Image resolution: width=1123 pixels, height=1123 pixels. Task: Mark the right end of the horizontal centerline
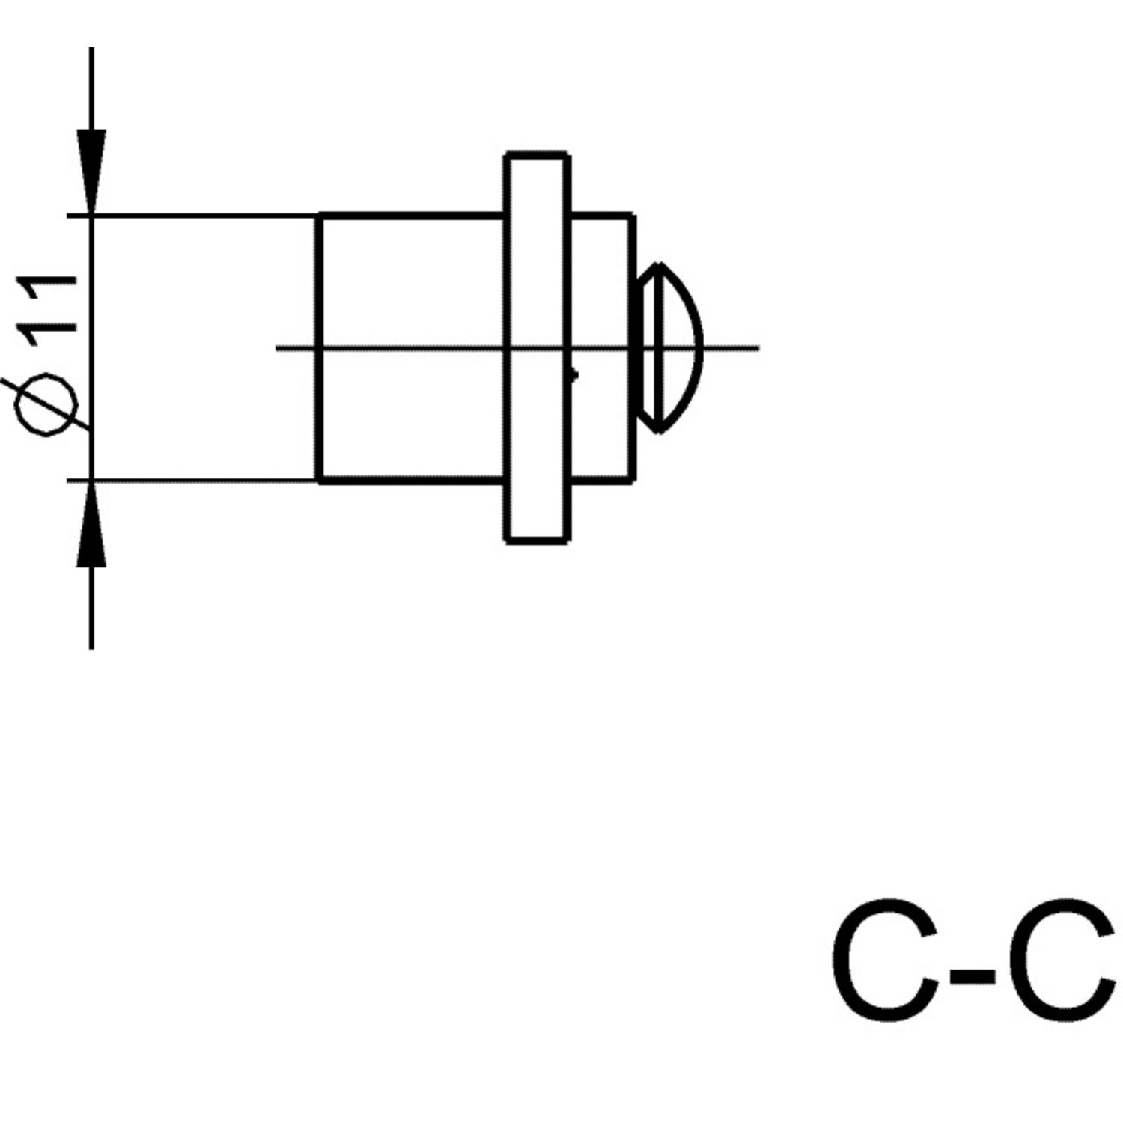[758, 348]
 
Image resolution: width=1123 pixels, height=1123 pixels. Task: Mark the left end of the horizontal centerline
[279, 348]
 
